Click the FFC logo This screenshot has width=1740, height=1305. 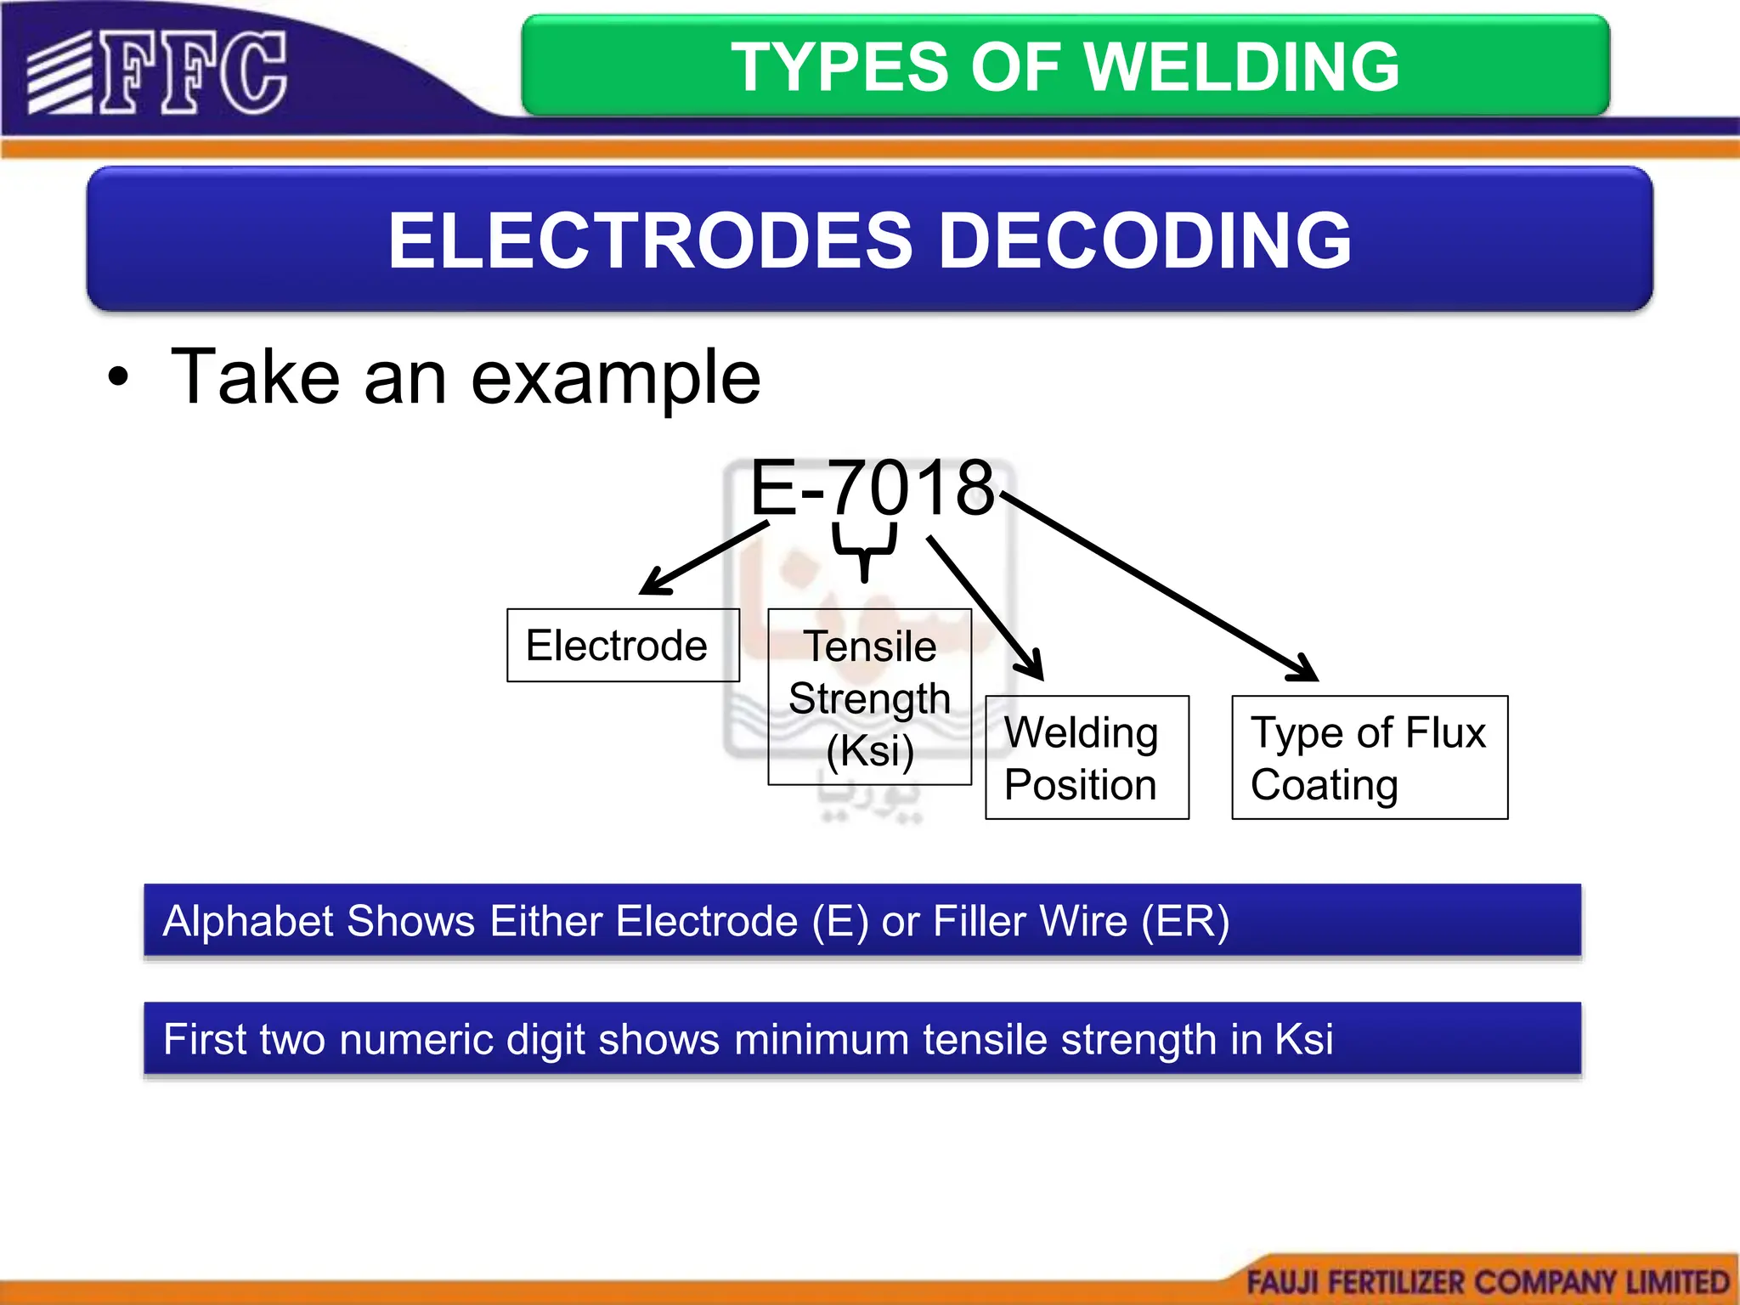point(157,73)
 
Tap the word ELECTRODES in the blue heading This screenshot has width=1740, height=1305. point(650,241)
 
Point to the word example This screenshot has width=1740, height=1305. point(615,378)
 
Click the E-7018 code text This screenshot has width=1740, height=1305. point(872,488)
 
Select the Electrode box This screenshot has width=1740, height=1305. point(623,646)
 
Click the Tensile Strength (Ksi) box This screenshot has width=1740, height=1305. point(869,697)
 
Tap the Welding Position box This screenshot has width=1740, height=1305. point(1087,757)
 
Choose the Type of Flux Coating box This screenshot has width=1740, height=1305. point(1370,757)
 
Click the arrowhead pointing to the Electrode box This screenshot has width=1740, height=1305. point(652,585)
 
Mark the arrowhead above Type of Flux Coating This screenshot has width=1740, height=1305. point(1305,669)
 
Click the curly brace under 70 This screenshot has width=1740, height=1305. point(865,551)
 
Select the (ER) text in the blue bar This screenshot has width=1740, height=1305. point(1185,922)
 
